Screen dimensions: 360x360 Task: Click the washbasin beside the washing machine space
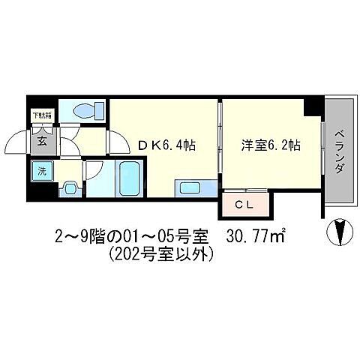(x=70, y=188)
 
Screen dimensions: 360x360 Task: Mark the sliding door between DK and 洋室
(x=220, y=142)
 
